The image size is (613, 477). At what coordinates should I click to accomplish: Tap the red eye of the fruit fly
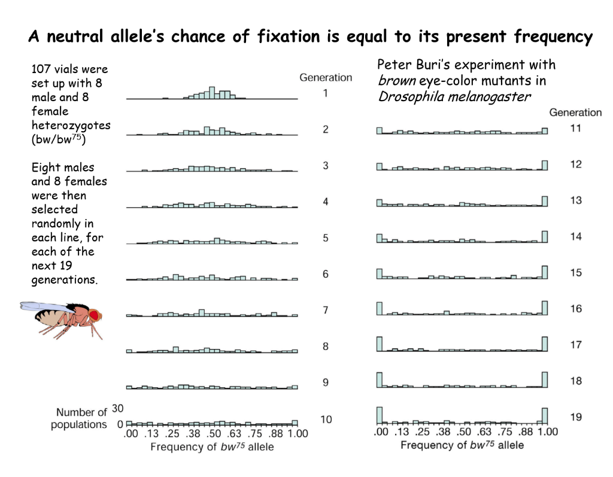tap(94, 314)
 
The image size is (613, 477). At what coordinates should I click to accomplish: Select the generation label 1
tap(326, 93)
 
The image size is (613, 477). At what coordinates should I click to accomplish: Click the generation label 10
tap(326, 419)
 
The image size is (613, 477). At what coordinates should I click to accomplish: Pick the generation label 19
tap(575, 417)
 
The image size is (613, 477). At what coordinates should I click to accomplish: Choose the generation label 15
tap(575, 272)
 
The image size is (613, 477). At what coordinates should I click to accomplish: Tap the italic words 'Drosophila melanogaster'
tap(454, 97)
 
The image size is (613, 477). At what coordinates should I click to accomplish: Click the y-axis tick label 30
tap(118, 409)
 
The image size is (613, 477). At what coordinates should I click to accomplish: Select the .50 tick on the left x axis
tap(214, 434)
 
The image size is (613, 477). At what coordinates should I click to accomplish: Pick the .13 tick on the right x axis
tap(401, 432)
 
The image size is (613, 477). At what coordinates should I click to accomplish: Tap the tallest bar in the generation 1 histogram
tap(211, 93)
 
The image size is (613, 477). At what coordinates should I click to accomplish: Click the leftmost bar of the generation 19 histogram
tap(380, 415)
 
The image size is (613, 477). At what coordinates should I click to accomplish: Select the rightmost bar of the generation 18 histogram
tap(545, 380)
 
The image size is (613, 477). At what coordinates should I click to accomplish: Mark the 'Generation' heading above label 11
tap(575, 112)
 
